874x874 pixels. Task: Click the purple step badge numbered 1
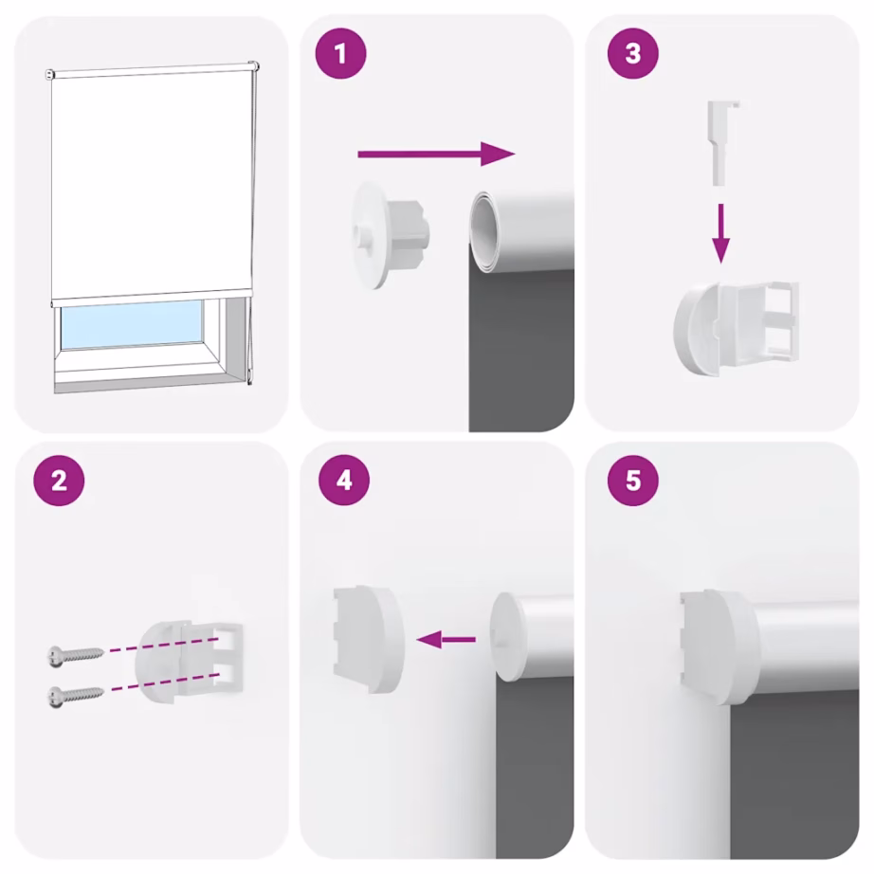coord(341,54)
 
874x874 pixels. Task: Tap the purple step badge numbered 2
coord(59,481)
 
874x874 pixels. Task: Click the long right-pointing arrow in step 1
coord(435,153)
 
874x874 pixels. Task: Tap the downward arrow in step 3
coord(721,232)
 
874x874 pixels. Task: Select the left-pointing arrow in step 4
coord(446,640)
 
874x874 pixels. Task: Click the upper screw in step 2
coord(74,652)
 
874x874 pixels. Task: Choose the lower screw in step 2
coord(74,696)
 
